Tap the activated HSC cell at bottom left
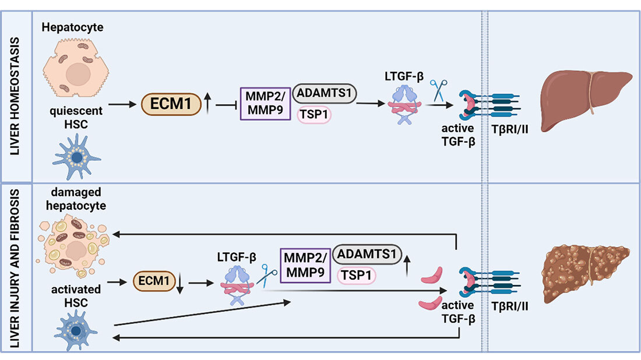coord(76,330)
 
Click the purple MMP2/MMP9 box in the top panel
coord(266,104)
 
